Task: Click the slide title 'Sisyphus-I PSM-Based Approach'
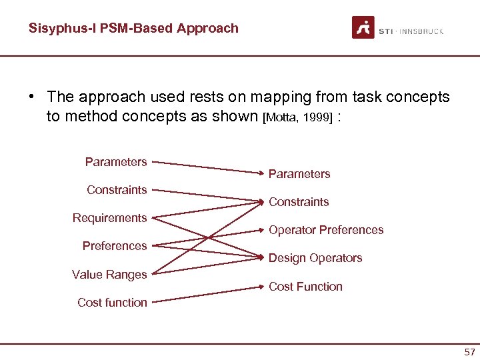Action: (133, 28)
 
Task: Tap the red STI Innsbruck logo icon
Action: (363, 28)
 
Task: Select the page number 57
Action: (469, 351)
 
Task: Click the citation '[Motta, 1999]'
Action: (297, 118)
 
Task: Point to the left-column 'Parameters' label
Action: (116, 162)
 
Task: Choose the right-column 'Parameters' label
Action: (299, 174)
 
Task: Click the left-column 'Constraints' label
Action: (117, 190)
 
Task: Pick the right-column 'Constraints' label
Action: (299, 202)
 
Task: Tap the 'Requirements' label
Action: (109, 218)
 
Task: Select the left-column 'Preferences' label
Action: (115, 246)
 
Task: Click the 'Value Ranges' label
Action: (109, 275)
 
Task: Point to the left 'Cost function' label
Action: (112, 303)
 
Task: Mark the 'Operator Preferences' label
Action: (326, 230)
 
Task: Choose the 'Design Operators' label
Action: (315, 258)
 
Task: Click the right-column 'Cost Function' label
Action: (305, 287)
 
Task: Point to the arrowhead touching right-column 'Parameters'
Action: (262, 173)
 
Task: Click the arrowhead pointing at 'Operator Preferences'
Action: (262, 230)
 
